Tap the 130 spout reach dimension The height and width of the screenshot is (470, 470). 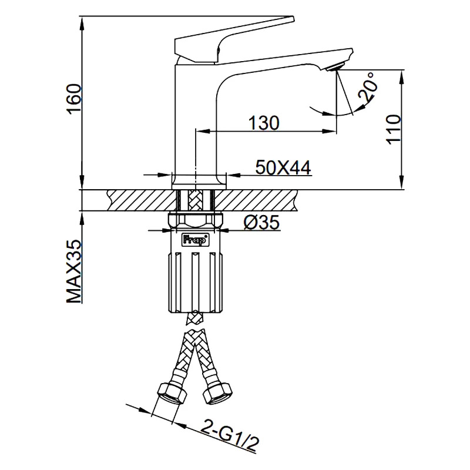264,123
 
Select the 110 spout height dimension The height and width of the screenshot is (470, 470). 393,129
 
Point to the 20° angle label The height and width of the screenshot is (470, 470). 368,86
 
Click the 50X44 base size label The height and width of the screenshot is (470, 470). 283,167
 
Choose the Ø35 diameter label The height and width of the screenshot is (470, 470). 261,223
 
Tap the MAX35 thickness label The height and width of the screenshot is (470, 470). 74,271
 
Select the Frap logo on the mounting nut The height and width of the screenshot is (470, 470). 195,240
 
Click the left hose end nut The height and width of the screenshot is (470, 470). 172,394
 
